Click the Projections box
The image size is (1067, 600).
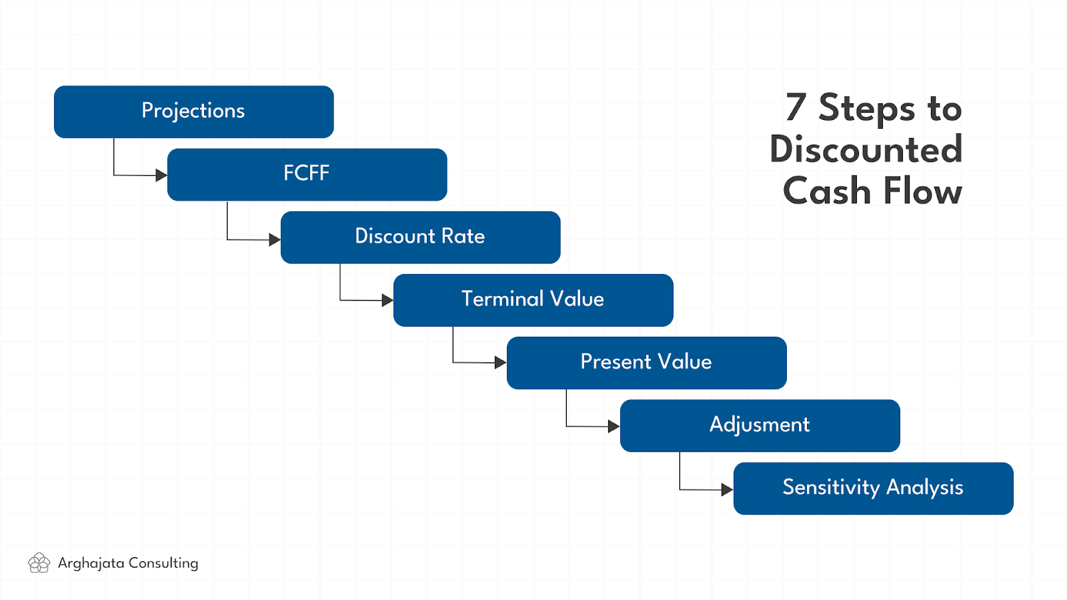[194, 112]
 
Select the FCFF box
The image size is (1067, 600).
[307, 175]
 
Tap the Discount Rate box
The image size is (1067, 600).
[421, 237]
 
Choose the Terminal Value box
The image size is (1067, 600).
[533, 300]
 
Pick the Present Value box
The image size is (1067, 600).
[647, 363]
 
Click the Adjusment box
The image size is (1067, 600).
[760, 426]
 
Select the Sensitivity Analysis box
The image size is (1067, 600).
[874, 489]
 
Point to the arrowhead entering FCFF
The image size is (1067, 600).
[161, 175]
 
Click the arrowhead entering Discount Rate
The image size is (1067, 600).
[275, 239]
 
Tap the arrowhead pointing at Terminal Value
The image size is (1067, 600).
[387, 301]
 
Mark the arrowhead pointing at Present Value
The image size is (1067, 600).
[501, 363]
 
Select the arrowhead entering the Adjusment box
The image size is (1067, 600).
[614, 426]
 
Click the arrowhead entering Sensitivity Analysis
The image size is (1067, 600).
[728, 489]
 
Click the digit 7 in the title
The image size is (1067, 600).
[796, 107]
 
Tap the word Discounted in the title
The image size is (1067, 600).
[866, 149]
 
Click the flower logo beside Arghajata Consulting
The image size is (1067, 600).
[39, 563]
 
